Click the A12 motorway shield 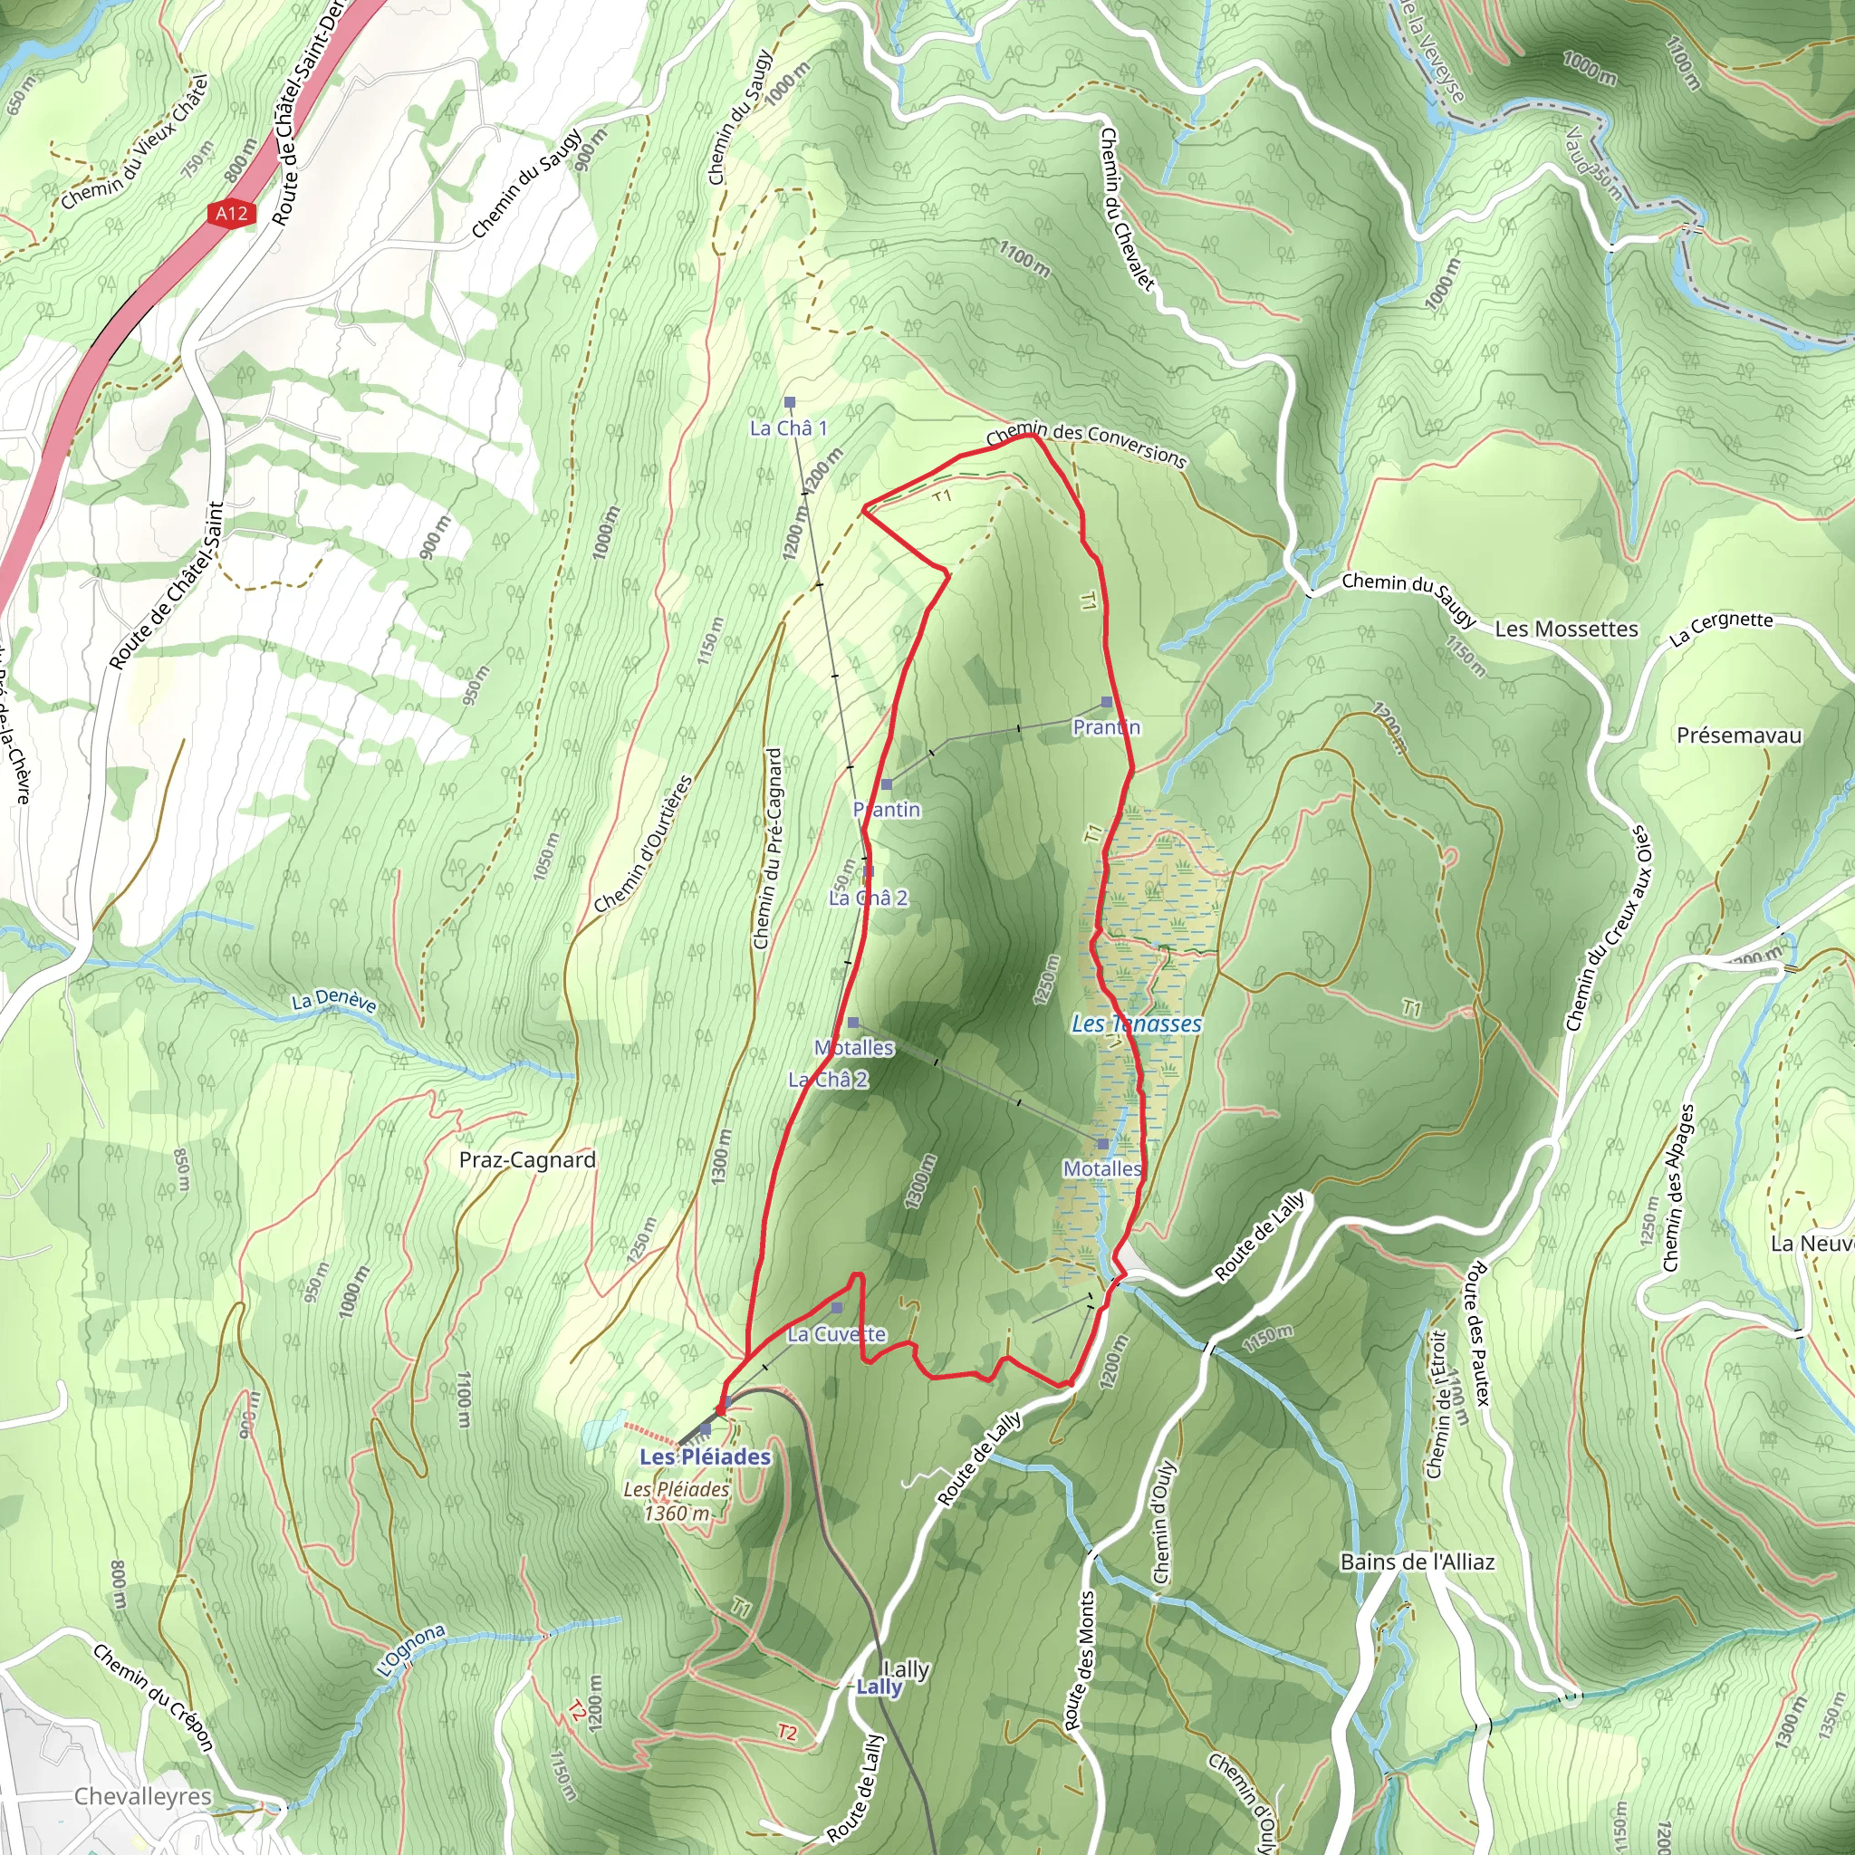231,213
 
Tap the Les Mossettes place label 1566,629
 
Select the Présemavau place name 1739,735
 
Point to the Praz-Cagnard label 527,1160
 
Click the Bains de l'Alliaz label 1418,1562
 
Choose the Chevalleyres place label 143,1795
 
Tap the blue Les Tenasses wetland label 1137,1024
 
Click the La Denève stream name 333,1002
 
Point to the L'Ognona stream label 411,1650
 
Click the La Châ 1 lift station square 790,402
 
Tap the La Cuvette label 836,1333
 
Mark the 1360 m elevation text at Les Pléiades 677,1514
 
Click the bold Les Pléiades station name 705,1457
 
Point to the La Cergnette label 1721,627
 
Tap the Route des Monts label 1081,1660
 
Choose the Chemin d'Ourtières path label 642,844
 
